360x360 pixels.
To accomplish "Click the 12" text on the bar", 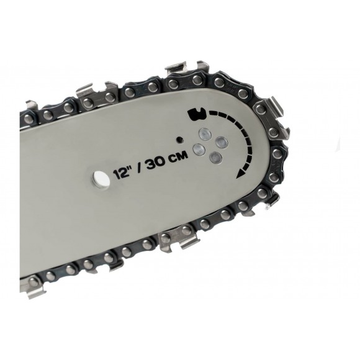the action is pyautogui.click(x=121, y=174).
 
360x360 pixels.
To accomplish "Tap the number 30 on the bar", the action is pyautogui.click(x=156, y=163).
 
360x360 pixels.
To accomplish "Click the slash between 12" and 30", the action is pyautogui.click(x=138, y=168).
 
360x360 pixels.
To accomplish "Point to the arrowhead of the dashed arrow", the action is pyautogui.click(x=239, y=174).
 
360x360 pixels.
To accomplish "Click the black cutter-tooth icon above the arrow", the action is pyautogui.click(x=197, y=114).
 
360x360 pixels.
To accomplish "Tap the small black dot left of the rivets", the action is pyautogui.click(x=179, y=140).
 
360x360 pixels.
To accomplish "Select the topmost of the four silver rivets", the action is pyautogui.click(x=205, y=133).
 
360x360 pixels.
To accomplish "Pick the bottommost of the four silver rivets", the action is pyautogui.click(x=216, y=158).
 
